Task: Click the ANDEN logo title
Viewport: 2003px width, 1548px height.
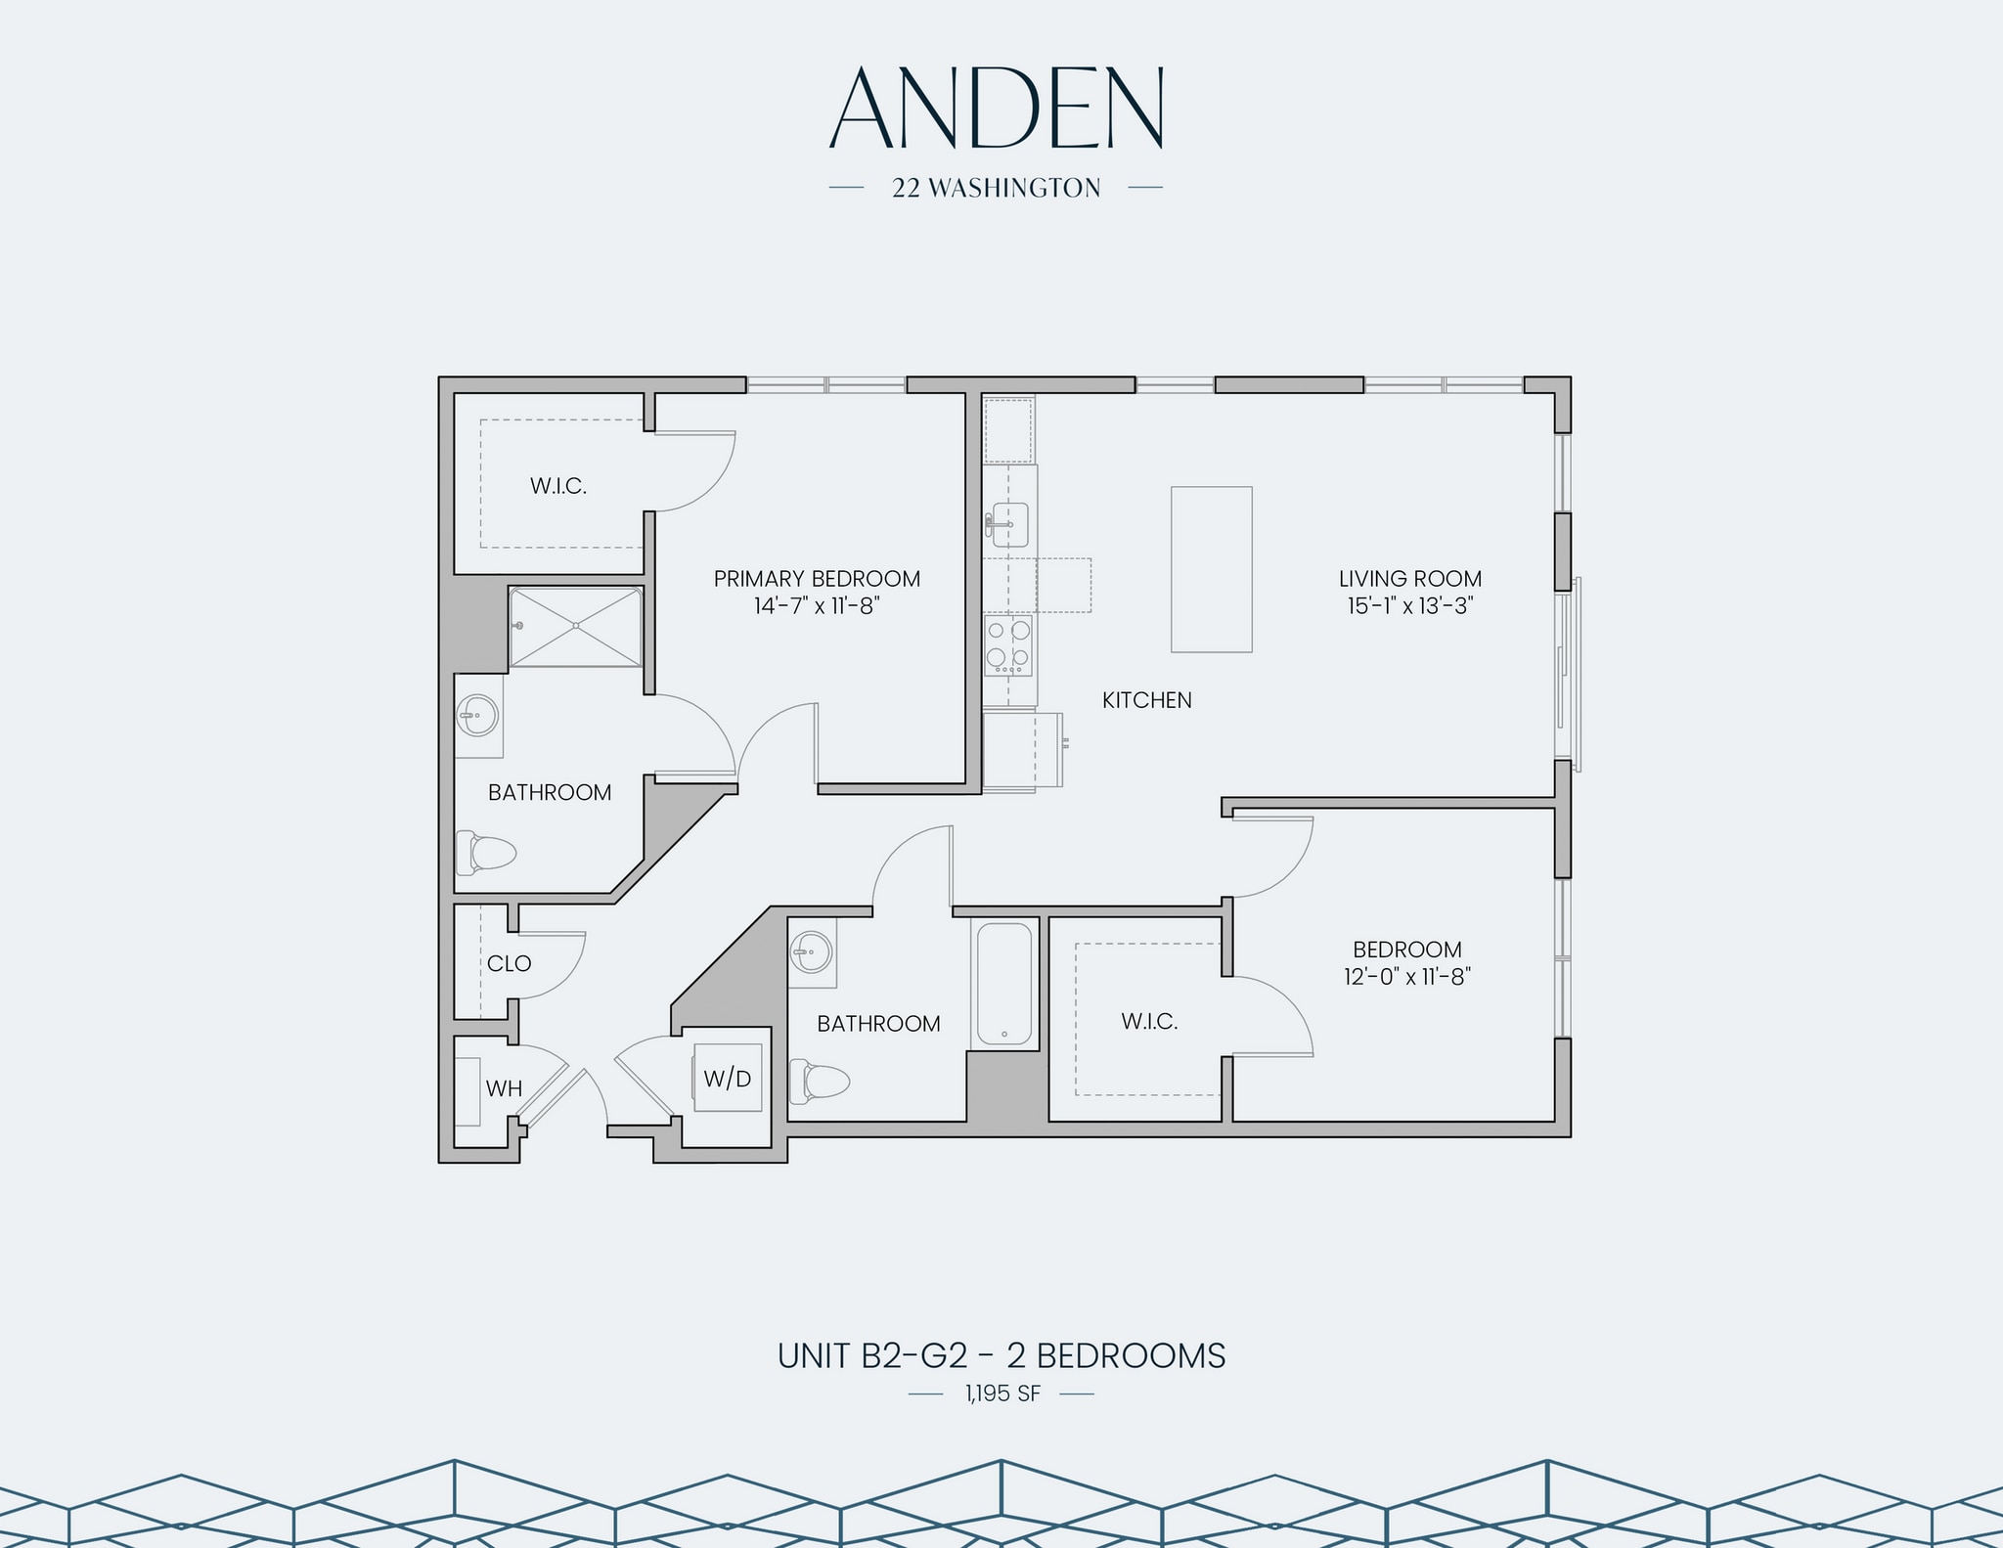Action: pyautogui.click(x=996, y=110)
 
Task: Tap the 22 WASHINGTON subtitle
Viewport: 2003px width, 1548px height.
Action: pyautogui.click(x=996, y=188)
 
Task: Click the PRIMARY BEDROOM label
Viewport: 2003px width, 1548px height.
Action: pyautogui.click(x=817, y=579)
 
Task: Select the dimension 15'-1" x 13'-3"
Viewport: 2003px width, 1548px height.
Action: pyautogui.click(x=1410, y=605)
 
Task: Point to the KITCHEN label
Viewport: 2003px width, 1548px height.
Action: pyautogui.click(x=1146, y=700)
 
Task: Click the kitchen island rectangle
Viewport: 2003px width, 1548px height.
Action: pyautogui.click(x=1211, y=569)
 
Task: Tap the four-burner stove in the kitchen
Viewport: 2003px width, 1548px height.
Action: pyautogui.click(x=1008, y=645)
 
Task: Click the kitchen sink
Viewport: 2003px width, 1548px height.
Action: pyautogui.click(x=1008, y=525)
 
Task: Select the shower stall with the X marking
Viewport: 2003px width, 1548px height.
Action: pyautogui.click(x=575, y=627)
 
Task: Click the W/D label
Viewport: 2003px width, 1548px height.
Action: pyautogui.click(x=728, y=1080)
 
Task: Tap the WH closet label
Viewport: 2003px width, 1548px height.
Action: pyautogui.click(x=504, y=1088)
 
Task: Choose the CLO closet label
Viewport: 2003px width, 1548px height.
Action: pyautogui.click(x=509, y=963)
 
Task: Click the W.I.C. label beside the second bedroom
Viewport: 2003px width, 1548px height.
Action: pyautogui.click(x=1149, y=1022)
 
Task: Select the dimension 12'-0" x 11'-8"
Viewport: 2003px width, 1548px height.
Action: pyautogui.click(x=1407, y=976)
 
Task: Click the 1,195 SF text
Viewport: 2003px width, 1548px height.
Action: pyautogui.click(x=1001, y=1393)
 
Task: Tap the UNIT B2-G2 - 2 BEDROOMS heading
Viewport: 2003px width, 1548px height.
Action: pyautogui.click(x=1001, y=1356)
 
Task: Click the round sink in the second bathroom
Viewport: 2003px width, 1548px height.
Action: pyautogui.click(x=811, y=951)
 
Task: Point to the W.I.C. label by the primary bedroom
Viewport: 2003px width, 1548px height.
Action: pyautogui.click(x=558, y=486)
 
